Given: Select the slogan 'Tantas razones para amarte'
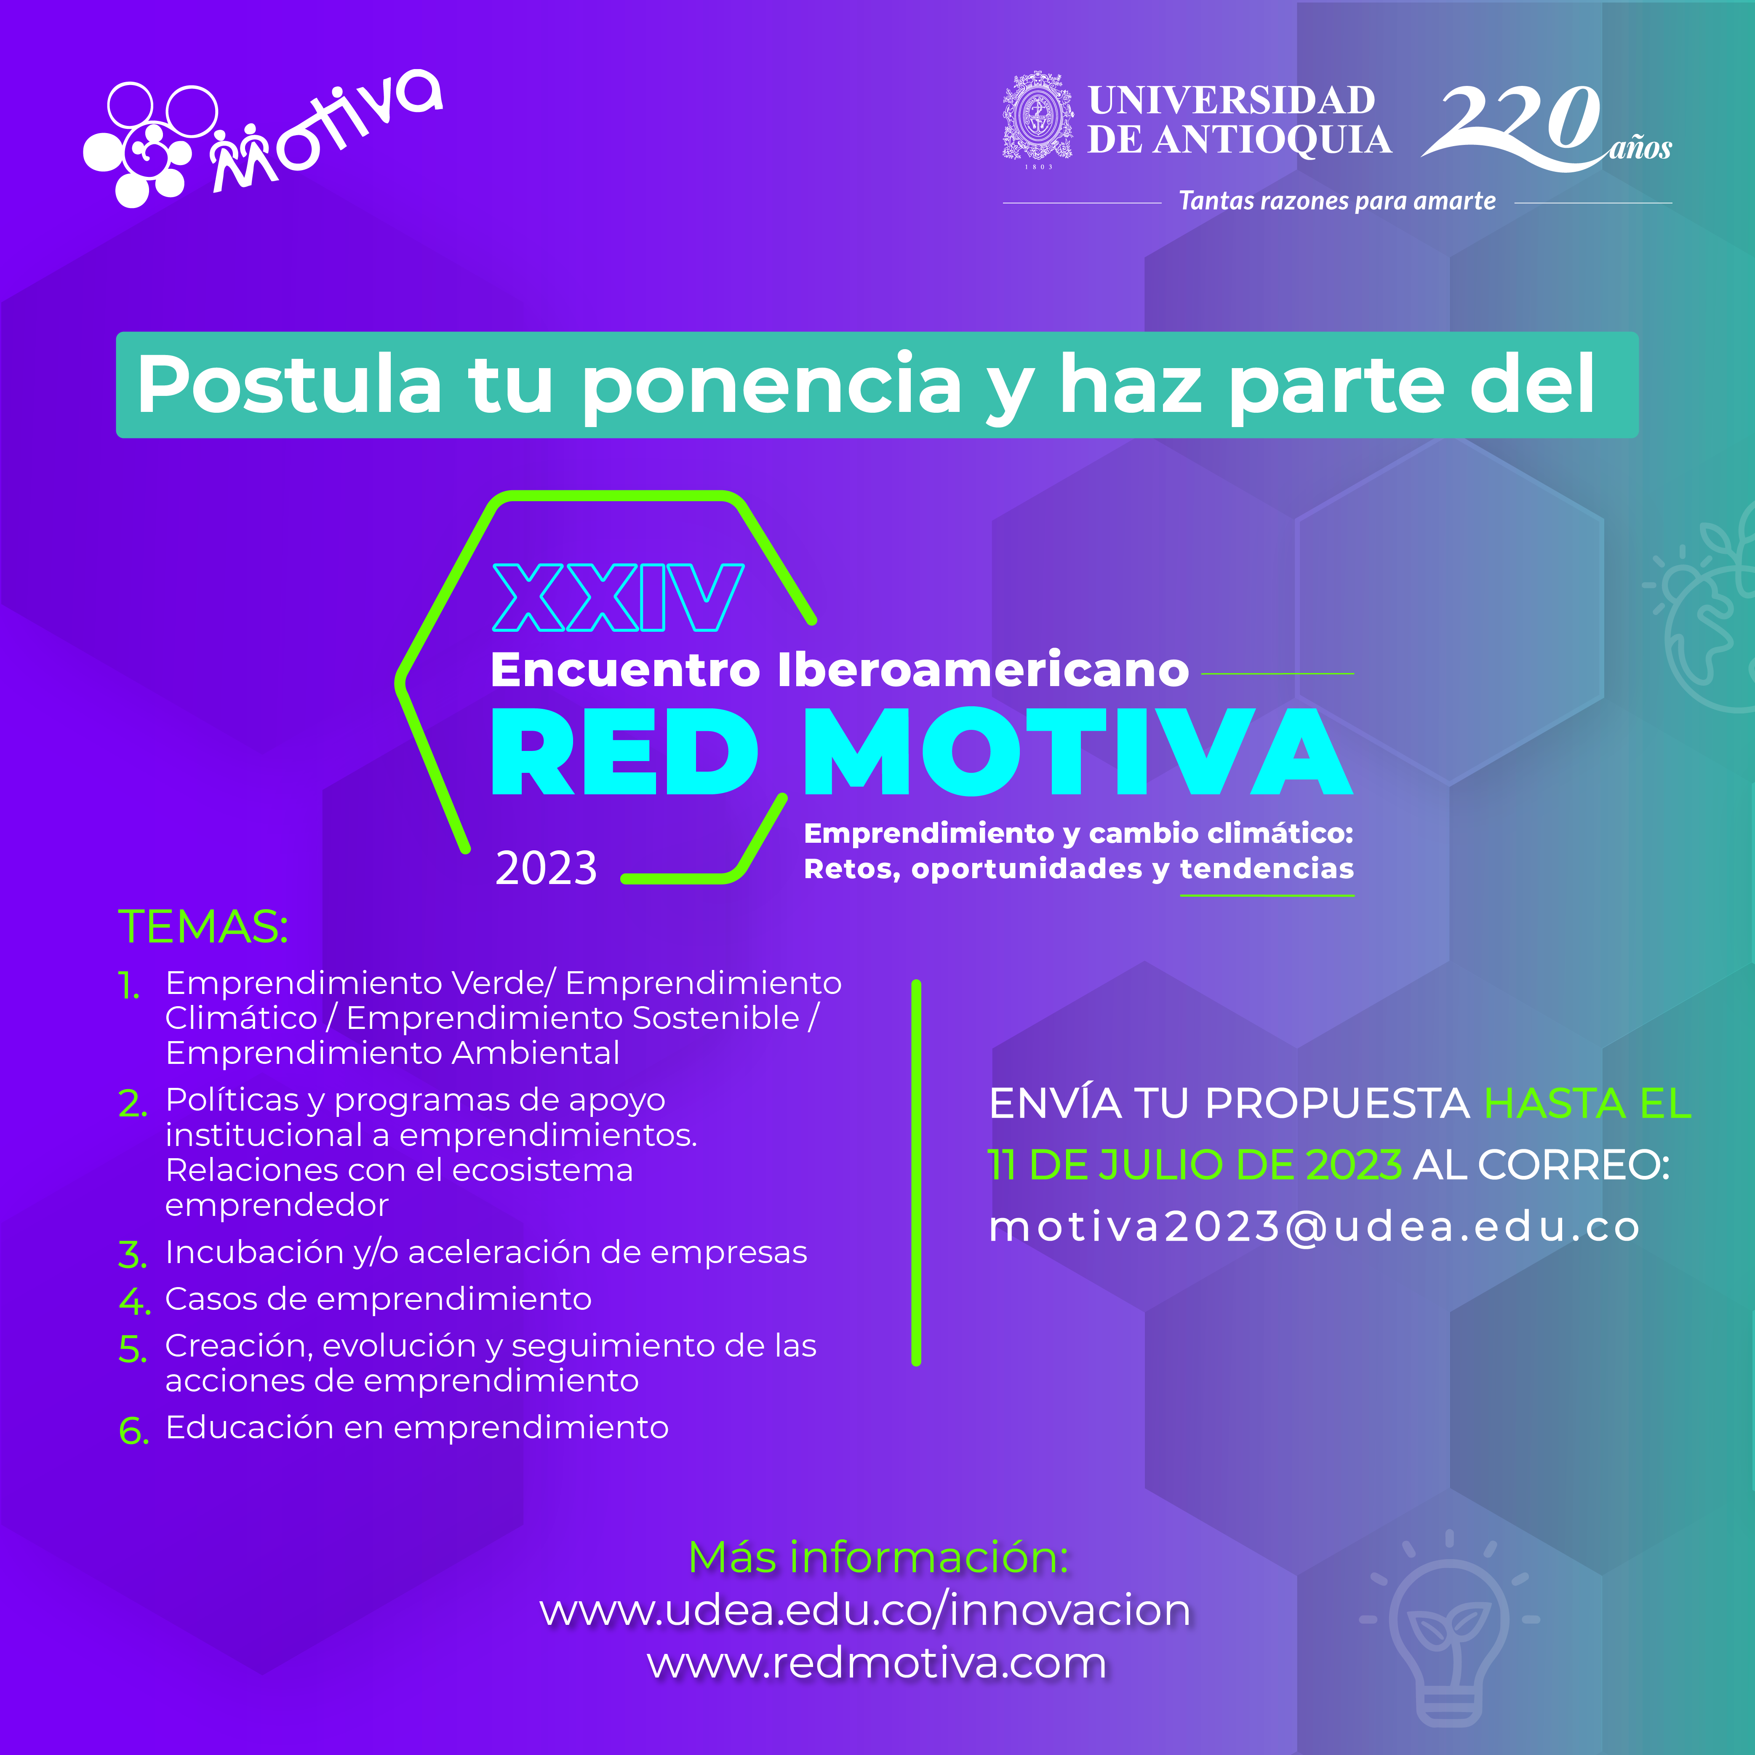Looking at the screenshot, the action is (1336, 201).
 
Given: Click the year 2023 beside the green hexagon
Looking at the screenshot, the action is (546, 868).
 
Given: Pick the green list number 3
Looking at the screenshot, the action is (133, 1255).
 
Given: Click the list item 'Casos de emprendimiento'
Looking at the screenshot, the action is (378, 1299).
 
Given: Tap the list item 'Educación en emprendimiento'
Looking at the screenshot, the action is (417, 1427).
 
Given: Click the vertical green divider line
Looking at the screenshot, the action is (916, 1172).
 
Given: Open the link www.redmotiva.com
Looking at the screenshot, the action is (877, 1662).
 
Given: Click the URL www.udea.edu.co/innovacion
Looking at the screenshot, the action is (865, 1611).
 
